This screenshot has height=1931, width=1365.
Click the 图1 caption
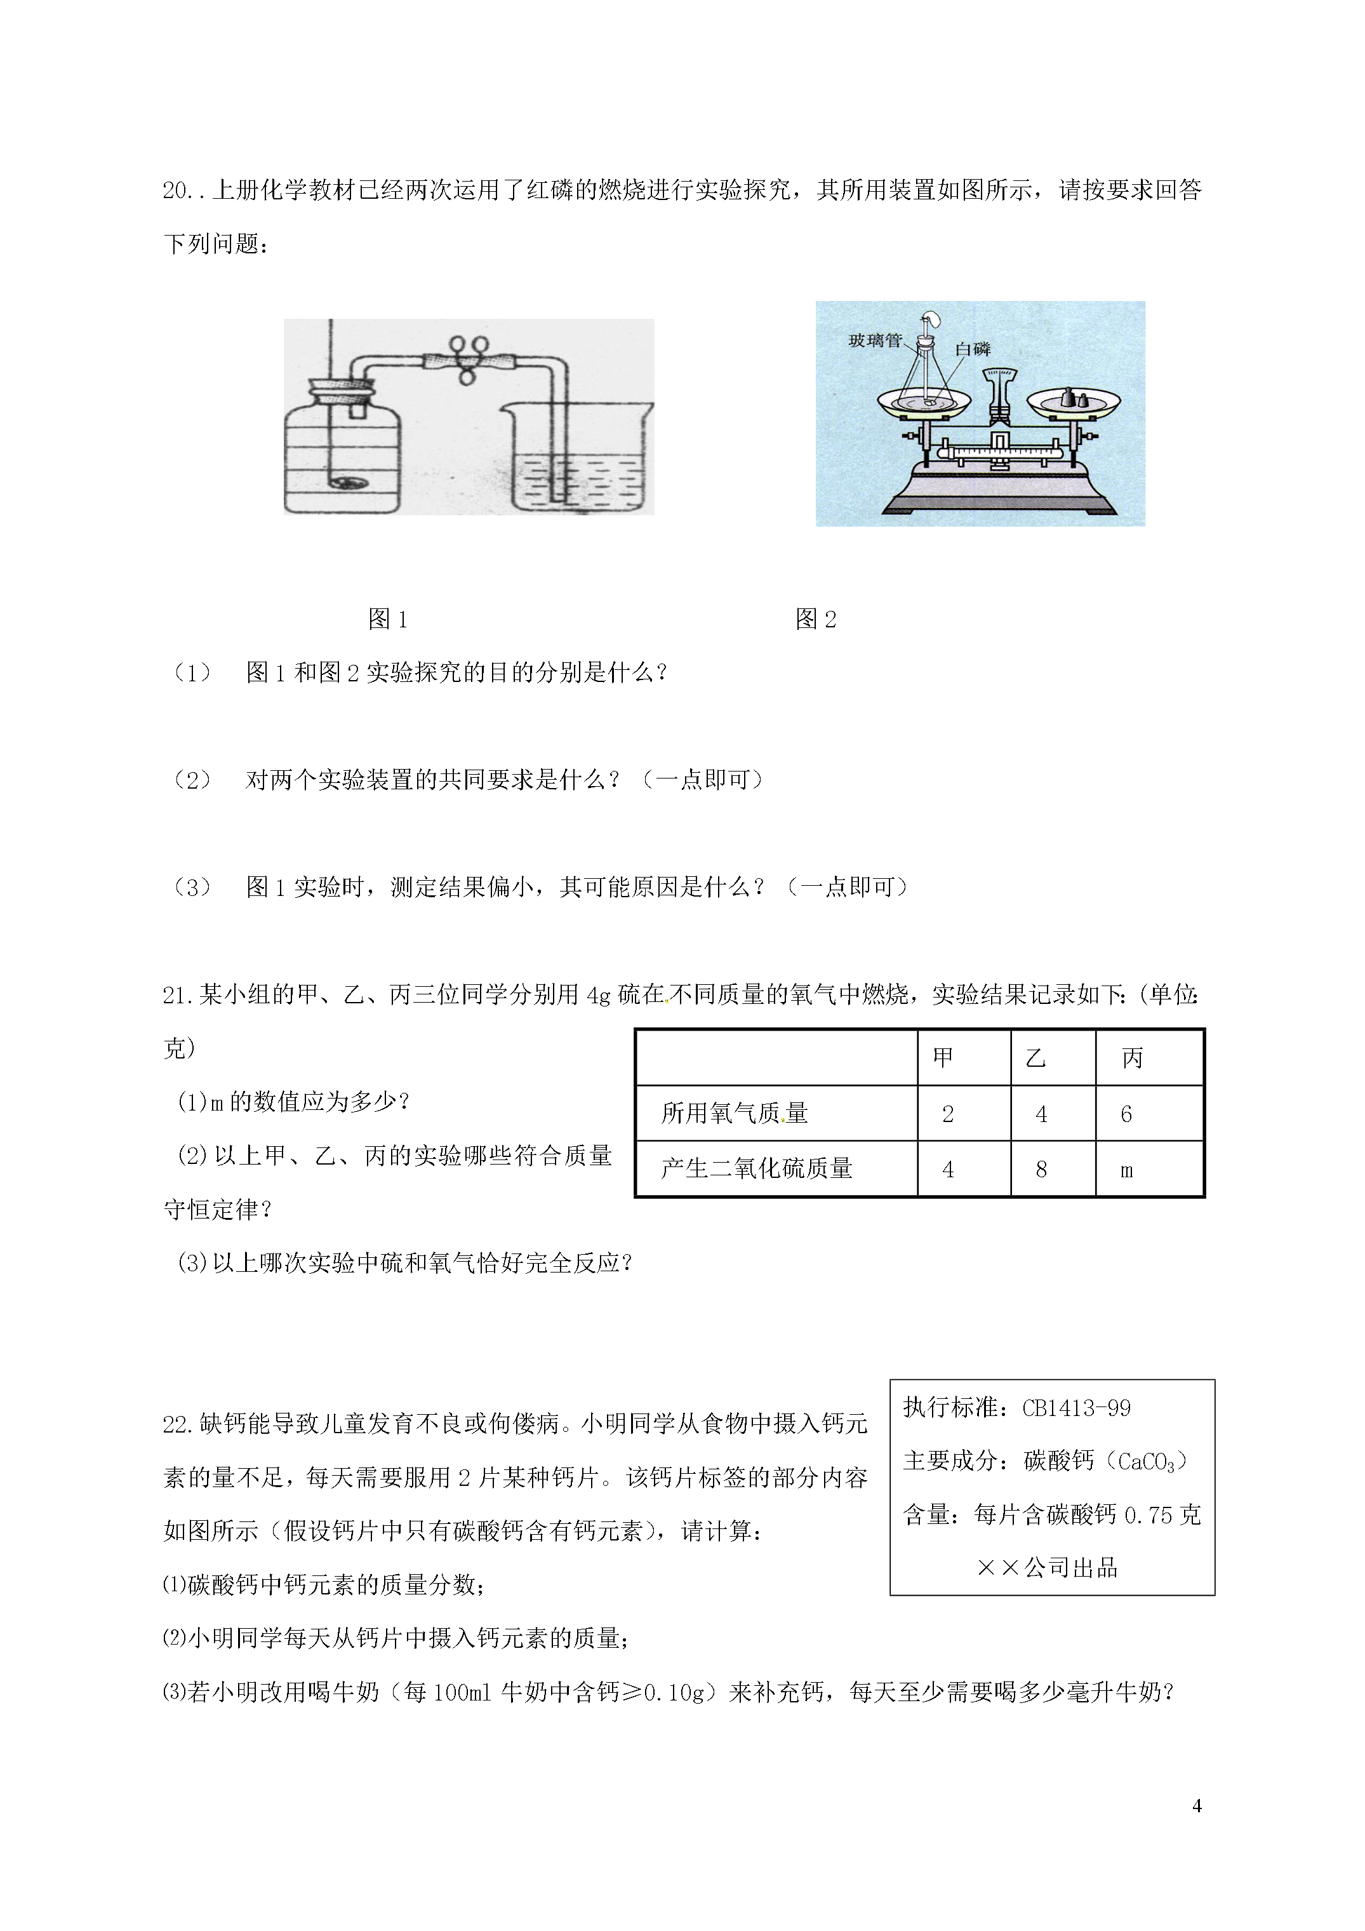(x=388, y=620)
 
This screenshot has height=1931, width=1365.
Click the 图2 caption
(x=816, y=620)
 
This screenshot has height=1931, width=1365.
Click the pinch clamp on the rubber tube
(x=469, y=358)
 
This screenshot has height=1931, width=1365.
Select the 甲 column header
(x=943, y=1058)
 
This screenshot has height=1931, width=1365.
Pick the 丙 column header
(x=1132, y=1058)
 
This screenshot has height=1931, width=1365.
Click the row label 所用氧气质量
(x=734, y=1114)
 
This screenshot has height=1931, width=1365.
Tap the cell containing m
(x=1127, y=1170)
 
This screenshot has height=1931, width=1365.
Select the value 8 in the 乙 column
(x=1041, y=1170)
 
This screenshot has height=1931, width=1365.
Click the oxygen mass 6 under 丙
(x=1126, y=1114)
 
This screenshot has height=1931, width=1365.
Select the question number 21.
(x=178, y=996)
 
